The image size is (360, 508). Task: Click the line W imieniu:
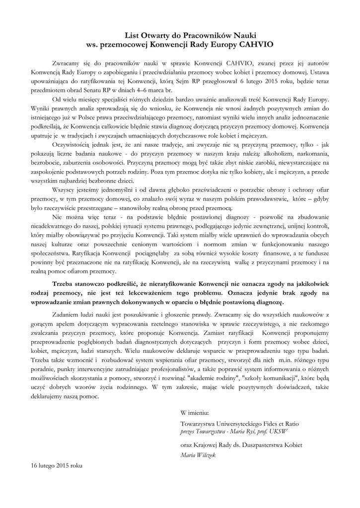(x=195, y=413)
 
